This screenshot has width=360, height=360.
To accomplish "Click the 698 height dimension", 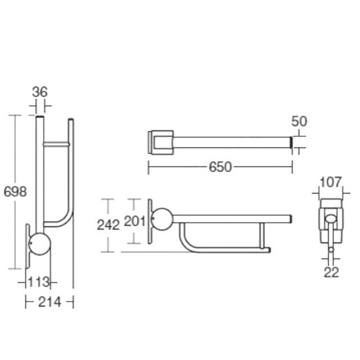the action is (15, 192).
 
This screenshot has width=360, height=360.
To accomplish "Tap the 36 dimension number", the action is (40, 92).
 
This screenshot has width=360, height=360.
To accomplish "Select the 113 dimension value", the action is (39, 282).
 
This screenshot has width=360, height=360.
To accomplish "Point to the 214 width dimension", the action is (49, 302).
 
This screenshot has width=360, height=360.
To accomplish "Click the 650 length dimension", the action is (220, 167).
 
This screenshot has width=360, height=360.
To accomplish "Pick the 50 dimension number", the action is (299, 121).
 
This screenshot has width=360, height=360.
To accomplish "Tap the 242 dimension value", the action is (108, 225).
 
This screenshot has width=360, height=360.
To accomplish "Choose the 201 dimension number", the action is (135, 221).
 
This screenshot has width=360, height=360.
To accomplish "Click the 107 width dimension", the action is (331, 182).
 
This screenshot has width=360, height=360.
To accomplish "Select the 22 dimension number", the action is (331, 272).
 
